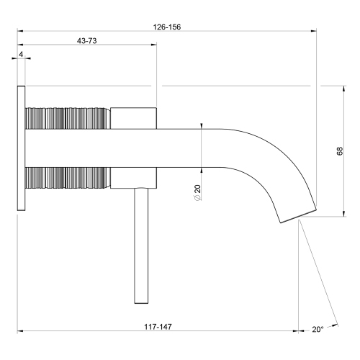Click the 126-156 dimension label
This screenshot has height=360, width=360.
coord(166,27)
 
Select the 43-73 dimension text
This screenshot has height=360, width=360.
coord(87,40)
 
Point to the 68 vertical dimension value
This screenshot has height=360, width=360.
coord(339,151)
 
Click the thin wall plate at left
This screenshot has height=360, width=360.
coord(21,148)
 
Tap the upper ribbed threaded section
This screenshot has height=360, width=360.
coord(68,118)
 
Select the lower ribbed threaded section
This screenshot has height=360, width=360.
coord(68,178)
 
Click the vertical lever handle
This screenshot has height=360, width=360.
coord(139,245)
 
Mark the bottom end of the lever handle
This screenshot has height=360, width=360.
coord(139,303)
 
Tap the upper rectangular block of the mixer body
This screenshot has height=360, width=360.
coord(133,118)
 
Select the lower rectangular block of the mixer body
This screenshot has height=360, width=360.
coord(133,178)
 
